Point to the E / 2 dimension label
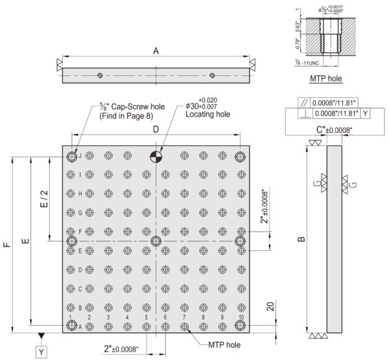[43, 198]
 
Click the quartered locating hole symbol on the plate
[156, 156]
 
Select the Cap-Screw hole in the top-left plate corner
[71, 156]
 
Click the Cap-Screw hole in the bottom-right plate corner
[241, 326]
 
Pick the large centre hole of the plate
[156, 241]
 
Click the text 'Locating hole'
[207, 114]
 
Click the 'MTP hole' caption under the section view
[327, 78]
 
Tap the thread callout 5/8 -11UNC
[308, 63]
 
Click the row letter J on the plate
[80, 156]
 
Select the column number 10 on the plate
[241, 317]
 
